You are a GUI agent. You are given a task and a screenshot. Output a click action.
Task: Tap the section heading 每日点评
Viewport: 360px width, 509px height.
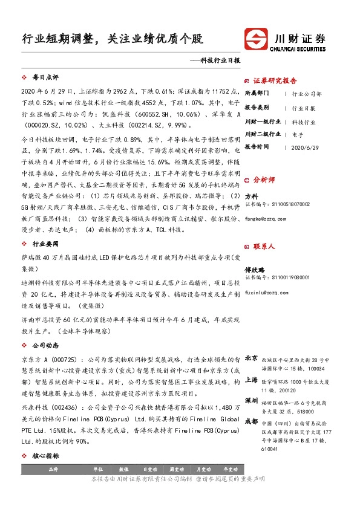[x=45, y=79]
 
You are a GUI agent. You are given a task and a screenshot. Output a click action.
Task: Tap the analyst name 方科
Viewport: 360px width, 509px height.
[x=252, y=196]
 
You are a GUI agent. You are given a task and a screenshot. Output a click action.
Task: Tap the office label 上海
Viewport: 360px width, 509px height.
[x=252, y=380]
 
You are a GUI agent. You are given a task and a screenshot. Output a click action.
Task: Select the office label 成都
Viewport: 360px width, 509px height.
[x=252, y=421]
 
